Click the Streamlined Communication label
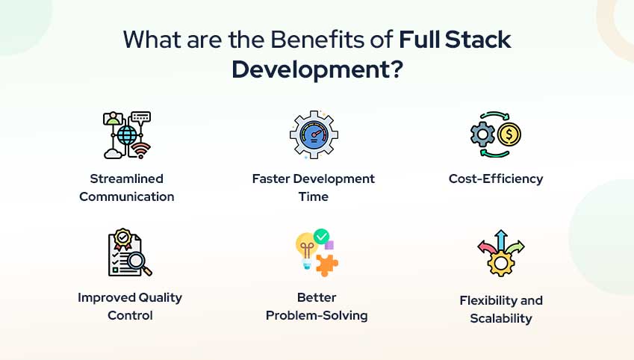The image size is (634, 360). click(127, 187)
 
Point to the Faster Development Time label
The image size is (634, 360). click(314, 187)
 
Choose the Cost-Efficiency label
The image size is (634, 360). click(496, 179)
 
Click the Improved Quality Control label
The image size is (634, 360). click(130, 306)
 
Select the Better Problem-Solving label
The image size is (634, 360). click(317, 306)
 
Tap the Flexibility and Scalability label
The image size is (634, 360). click(501, 309)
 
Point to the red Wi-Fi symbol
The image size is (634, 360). click(140, 152)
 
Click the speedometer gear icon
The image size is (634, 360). click(314, 135)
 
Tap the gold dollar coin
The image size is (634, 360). click(509, 135)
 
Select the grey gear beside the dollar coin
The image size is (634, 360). click(482, 135)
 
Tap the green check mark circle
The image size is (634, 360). click(322, 237)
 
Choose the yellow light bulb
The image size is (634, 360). click(305, 246)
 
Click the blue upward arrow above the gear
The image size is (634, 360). click(501, 239)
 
